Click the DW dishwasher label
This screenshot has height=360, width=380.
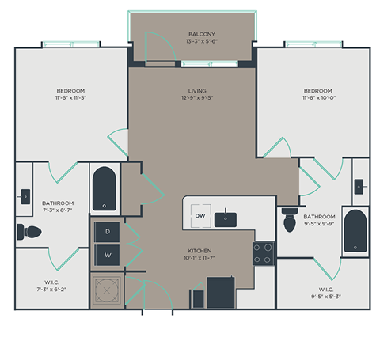pos(200,216)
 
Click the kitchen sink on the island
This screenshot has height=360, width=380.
pos(227,215)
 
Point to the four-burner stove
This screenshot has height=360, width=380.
pos(263,253)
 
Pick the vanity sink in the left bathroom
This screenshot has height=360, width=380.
pos(26,192)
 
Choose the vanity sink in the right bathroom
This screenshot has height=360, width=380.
pos(359,186)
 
